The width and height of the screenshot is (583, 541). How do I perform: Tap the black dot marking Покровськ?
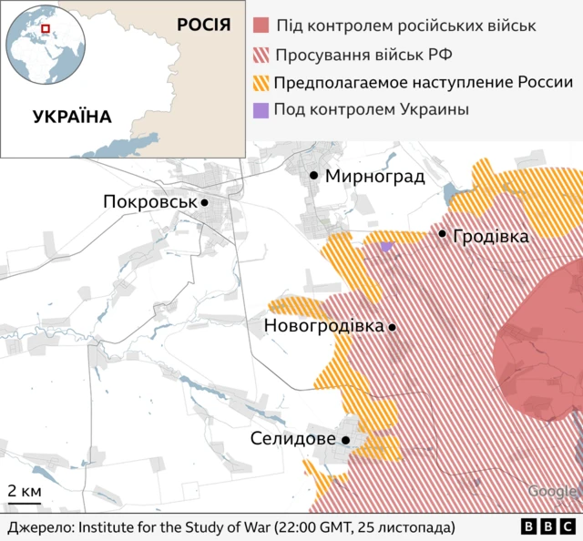click(x=205, y=203)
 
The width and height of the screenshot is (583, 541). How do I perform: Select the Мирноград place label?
click(x=374, y=176)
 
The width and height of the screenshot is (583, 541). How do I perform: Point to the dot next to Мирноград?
click(x=314, y=175)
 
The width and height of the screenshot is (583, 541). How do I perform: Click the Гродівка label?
click(x=490, y=236)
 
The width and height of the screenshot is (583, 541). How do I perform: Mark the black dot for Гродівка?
click(x=443, y=234)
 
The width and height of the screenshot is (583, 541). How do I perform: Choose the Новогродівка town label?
click(x=323, y=325)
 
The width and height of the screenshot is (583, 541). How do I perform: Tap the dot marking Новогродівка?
click(x=393, y=327)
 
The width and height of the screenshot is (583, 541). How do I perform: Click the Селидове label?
click(x=293, y=439)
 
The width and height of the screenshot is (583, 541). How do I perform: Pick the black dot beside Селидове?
click(x=346, y=440)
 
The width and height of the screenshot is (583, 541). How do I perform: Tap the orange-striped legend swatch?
click(x=261, y=82)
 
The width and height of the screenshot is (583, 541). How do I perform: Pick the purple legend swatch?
click(x=261, y=110)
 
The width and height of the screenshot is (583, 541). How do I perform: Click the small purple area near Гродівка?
click(x=386, y=246)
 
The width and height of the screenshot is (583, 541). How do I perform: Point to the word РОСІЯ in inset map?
click(x=203, y=24)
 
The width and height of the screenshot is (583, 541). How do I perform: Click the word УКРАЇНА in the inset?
click(x=72, y=117)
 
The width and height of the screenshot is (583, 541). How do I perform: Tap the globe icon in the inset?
click(x=44, y=45)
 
